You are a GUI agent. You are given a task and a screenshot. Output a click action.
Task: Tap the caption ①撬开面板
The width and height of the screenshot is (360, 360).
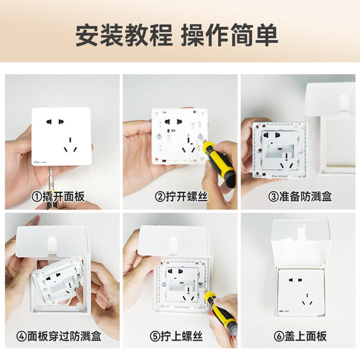[62, 197]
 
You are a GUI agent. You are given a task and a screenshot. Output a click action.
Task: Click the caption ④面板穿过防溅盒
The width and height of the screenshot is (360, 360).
[62, 337]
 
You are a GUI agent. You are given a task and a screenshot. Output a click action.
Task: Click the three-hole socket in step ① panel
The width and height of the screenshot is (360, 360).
[69, 147]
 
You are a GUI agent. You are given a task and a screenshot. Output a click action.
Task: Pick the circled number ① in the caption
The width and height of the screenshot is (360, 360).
[36, 197]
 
